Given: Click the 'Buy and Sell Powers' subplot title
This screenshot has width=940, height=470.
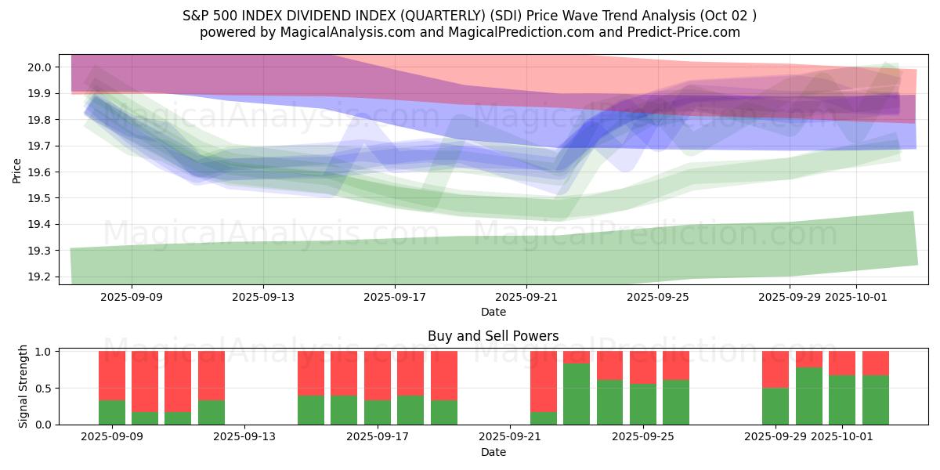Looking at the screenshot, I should (x=493, y=336).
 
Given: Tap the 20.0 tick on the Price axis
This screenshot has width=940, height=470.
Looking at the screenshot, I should (x=42, y=67).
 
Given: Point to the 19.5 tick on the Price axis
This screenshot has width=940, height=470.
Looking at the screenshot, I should (x=42, y=198).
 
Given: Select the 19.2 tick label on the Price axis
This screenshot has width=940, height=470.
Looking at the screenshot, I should (x=42, y=277).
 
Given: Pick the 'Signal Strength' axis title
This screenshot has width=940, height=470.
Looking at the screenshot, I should (x=23, y=386).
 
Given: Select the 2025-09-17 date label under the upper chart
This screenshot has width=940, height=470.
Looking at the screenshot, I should (x=395, y=297).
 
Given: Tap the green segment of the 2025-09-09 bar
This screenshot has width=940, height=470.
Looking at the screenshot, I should (x=112, y=412).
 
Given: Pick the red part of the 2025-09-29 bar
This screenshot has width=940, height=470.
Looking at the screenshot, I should (x=775, y=369).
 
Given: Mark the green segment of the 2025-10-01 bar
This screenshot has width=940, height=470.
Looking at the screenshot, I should (x=842, y=399).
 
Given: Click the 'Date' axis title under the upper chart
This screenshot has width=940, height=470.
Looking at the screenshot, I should (x=493, y=312).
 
